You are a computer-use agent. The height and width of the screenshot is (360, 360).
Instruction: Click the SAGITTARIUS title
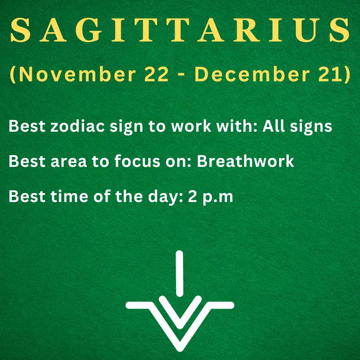(x=180, y=30)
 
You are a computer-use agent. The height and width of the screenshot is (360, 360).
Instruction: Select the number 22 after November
(x=156, y=75)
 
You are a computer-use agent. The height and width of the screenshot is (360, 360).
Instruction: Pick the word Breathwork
(x=245, y=161)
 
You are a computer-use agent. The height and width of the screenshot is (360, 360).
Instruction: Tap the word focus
(x=137, y=161)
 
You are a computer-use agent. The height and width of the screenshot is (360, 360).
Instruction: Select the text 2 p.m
(x=210, y=197)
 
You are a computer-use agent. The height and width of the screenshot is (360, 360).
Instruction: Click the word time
(x=69, y=196)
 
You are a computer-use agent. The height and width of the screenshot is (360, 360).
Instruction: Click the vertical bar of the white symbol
(x=179, y=273)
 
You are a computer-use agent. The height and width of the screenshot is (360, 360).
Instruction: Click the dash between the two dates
(x=181, y=75)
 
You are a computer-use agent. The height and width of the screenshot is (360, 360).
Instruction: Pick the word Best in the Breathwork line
(x=27, y=161)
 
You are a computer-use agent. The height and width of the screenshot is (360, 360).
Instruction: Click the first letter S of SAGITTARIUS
(x=20, y=30)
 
